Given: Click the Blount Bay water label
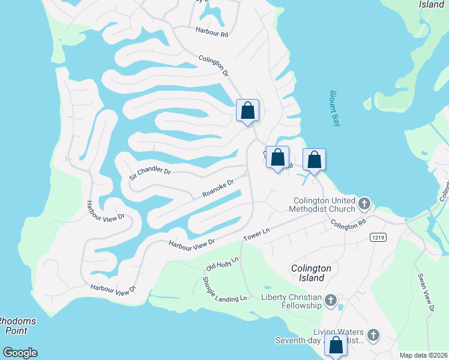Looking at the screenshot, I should (x=334, y=108).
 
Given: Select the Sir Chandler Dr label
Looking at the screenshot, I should (x=150, y=174).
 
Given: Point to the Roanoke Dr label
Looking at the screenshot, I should (x=217, y=189).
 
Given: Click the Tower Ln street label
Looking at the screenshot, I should (x=257, y=235).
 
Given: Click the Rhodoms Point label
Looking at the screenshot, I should (x=16, y=325).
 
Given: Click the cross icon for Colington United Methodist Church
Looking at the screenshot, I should (x=364, y=205).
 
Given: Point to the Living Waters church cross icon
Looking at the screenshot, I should (x=373, y=335).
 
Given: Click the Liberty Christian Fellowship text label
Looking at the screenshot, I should (x=292, y=301).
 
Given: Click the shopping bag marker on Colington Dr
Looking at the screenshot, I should (x=247, y=110).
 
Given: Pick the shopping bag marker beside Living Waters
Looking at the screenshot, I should (x=336, y=346).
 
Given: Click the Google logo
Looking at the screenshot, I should (x=20, y=353).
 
